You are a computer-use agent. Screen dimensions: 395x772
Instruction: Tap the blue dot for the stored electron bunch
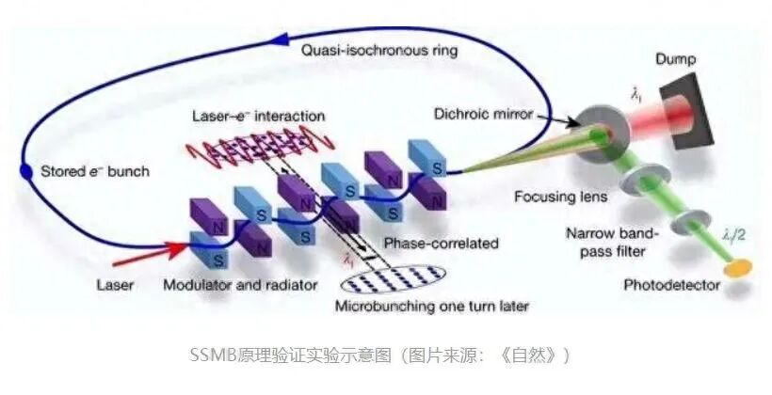point(26,171)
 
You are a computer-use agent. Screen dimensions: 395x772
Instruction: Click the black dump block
point(692,113)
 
